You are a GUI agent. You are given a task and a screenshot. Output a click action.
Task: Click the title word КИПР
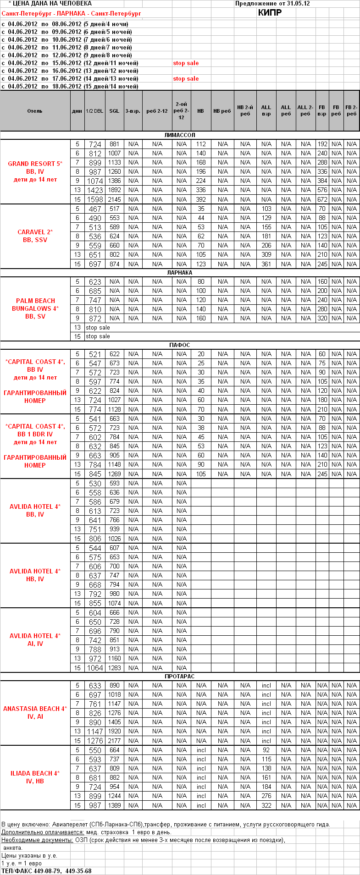pyautogui.click(x=270, y=13)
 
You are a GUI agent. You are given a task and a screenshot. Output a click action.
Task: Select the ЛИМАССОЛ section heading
pyautogui.click(x=180, y=135)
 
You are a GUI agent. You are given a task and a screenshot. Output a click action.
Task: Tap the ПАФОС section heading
pyautogui.click(x=180, y=345)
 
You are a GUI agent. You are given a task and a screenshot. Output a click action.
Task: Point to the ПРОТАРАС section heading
pyautogui.click(x=180, y=677)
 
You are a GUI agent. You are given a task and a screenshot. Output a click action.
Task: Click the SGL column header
pyautogui.click(x=114, y=111)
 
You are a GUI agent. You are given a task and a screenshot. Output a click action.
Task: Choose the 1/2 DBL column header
pyautogui.click(x=94, y=111)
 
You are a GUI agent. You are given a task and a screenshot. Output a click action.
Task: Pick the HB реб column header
pyautogui.click(x=222, y=111)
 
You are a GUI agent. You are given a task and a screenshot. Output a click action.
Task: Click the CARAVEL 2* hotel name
pyautogui.click(x=35, y=232)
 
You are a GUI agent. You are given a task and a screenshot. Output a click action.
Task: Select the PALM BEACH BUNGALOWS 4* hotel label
pyautogui.click(x=35, y=305)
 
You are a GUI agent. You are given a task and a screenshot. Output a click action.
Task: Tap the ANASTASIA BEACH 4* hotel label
pyautogui.click(x=35, y=709)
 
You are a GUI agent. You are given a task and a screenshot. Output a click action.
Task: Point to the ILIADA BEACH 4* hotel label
pyautogui.click(x=35, y=773)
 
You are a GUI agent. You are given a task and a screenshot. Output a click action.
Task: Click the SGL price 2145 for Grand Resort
pyautogui.click(x=114, y=199)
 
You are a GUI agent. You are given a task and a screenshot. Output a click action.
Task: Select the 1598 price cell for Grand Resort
pyautogui.click(x=95, y=199)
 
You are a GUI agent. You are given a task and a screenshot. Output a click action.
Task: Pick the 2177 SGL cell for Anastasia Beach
pyautogui.click(x=114, y=741)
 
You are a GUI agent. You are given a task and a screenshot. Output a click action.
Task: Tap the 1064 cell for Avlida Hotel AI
pyautogui.click(x=95, y=668)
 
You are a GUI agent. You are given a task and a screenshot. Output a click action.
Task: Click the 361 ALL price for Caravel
pyautogui.click(x=266, y=264)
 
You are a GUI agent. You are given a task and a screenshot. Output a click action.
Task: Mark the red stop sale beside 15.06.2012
pyautogui.click(x=186, y=63)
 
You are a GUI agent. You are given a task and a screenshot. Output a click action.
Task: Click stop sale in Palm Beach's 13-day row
pyautogui.click(x=98, y=328)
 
